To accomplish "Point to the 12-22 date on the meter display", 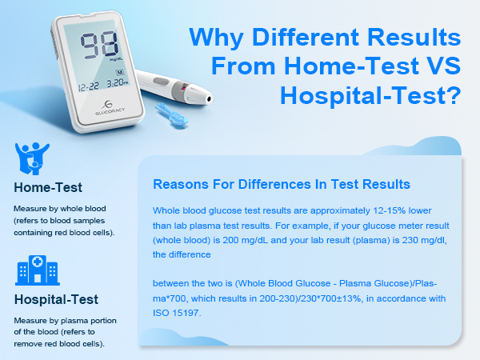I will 87,82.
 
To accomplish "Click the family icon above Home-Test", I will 33,158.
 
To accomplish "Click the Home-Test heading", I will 48,190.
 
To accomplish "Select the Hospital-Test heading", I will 56,301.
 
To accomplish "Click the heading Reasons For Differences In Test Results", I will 281,184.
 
